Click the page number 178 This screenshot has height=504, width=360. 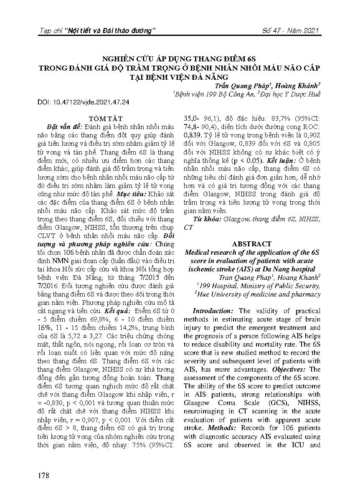pos(43,476)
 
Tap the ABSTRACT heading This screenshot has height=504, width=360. pos(252,244)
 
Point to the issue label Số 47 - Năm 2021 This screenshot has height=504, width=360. pos(292,31)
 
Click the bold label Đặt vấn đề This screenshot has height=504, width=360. pos(66,127)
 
